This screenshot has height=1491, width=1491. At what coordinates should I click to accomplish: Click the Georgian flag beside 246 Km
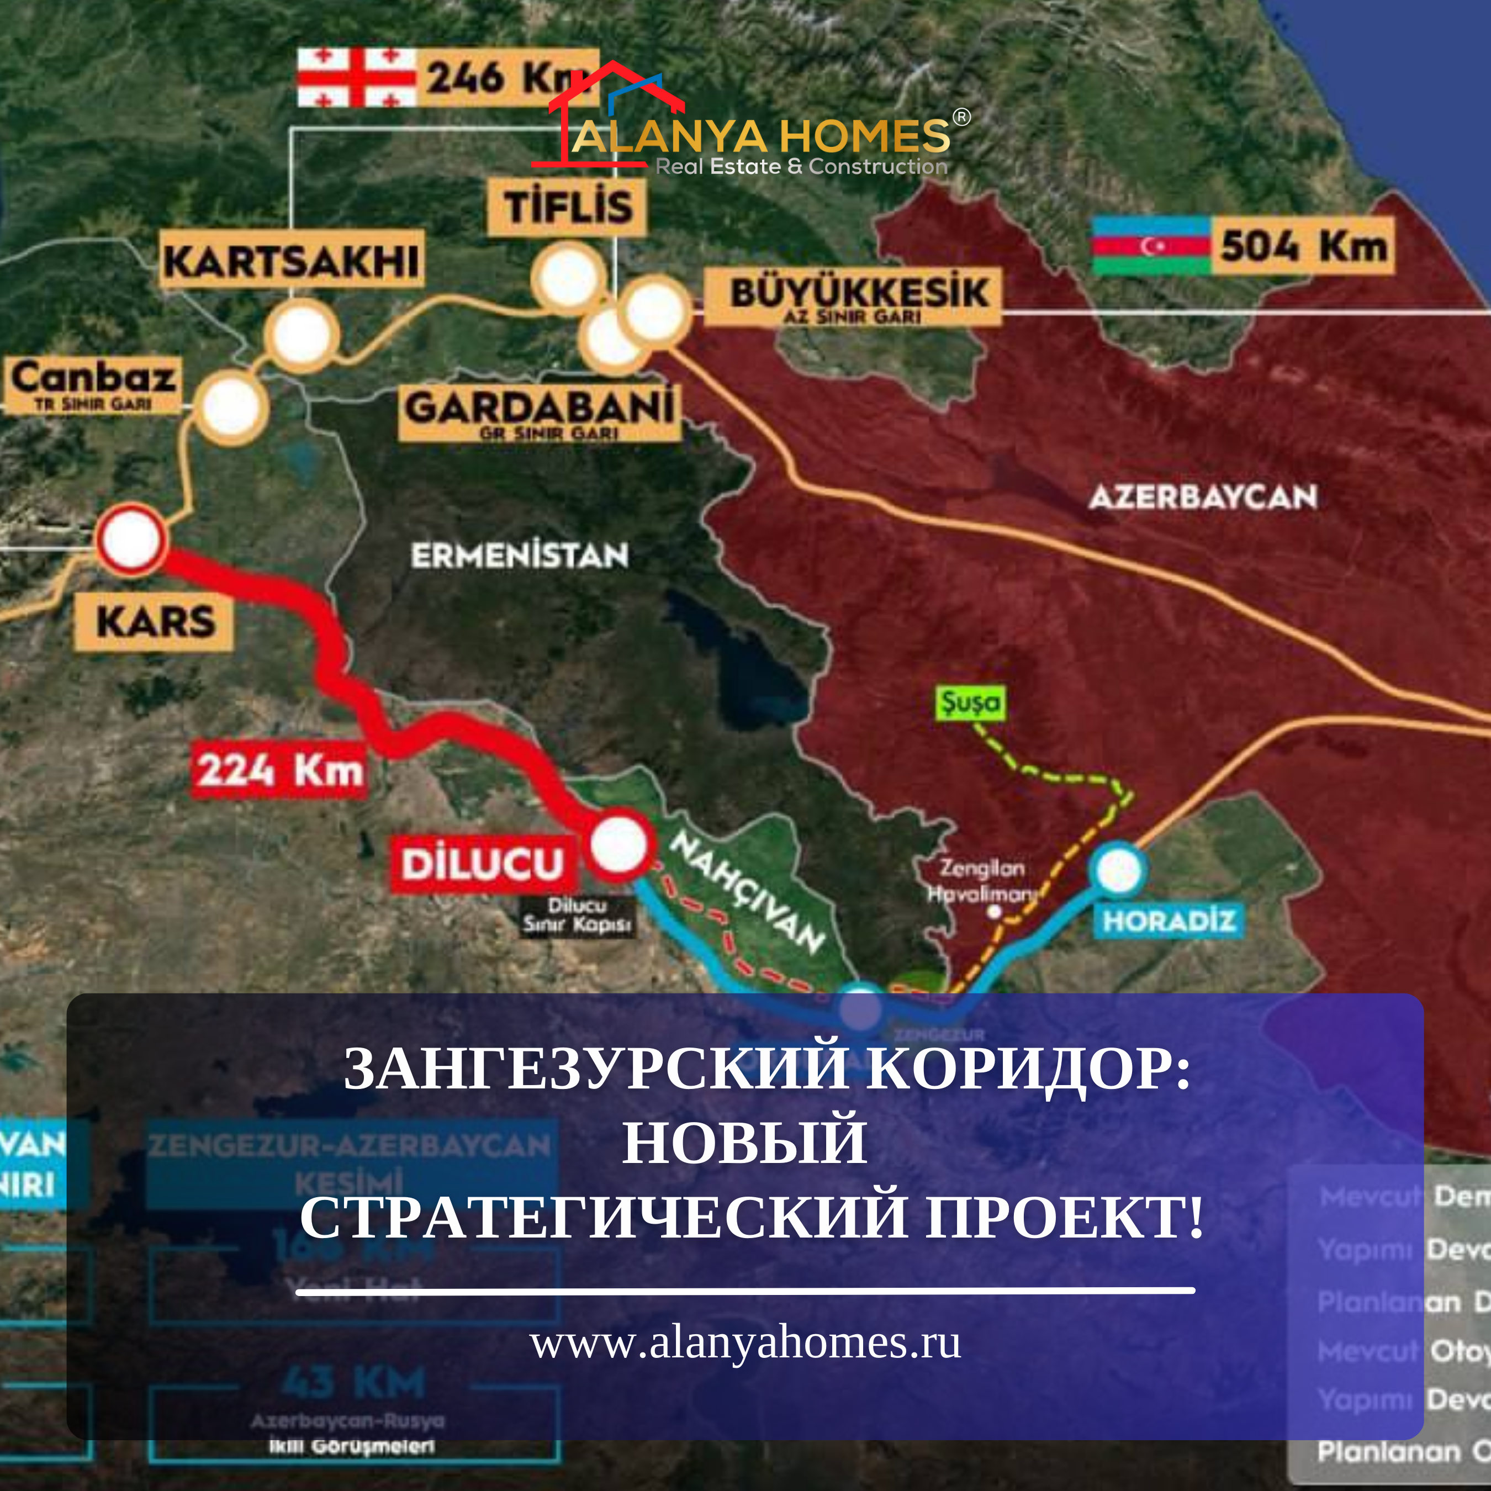[x=357, y=77]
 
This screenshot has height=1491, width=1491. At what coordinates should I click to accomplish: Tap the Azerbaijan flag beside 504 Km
[x=1151, y=245]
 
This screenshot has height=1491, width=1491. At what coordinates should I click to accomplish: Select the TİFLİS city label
[x=567, y=207]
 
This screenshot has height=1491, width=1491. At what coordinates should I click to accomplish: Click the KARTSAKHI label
[x=292, y=261]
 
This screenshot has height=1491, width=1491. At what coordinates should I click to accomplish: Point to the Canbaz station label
[x=93, y=384]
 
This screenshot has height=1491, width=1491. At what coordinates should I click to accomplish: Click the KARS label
[x=155, y=621]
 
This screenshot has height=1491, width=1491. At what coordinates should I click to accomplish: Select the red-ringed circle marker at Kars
[x=131, y=540]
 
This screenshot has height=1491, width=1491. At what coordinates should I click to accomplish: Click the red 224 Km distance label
[x=279, y=769]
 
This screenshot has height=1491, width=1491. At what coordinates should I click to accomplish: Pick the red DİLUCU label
[x=482, y=864]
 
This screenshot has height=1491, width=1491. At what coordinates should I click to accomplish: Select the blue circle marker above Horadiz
[x=1117, y=870]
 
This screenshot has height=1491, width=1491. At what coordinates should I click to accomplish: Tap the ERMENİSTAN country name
[x=520, y=556]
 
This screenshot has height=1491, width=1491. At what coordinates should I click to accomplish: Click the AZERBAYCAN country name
[x=1202, y=496]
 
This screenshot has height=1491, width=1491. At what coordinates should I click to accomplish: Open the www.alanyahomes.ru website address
[x=745, y=1344]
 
